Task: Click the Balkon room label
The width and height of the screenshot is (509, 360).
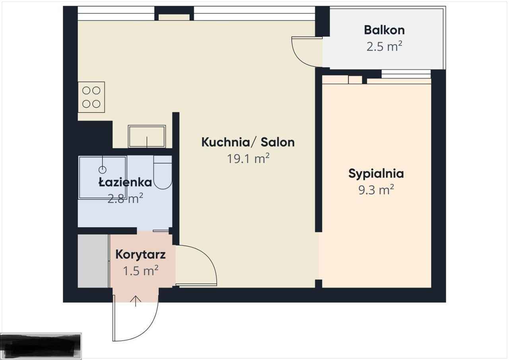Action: [384, 30]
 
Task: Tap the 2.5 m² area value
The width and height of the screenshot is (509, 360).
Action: [384, 47]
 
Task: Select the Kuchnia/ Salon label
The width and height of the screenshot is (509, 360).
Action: [248, 142]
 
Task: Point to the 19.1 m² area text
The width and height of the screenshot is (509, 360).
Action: [248, 159]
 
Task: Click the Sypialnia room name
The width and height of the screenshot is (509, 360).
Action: [376, 173]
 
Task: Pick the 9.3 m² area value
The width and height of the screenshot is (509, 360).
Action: [376, 190]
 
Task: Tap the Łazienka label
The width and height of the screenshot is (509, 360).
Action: [125, 182]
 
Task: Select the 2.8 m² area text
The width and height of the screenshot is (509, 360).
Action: [125, 198]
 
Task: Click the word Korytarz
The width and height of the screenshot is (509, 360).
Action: [140, 255]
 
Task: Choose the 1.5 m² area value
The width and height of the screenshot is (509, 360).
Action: [140, 271]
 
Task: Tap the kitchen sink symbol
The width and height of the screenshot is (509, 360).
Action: [147, 136]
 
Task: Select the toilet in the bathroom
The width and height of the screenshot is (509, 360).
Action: [163, 173]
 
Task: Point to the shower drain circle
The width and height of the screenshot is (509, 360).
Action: [103, 170]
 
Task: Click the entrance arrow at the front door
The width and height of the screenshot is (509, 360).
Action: [136, 301]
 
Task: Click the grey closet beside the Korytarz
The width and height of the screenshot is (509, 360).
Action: [93, 261]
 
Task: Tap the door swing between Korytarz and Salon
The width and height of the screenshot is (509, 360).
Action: [201, 263]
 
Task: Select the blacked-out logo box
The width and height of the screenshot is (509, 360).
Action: [41, 345]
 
